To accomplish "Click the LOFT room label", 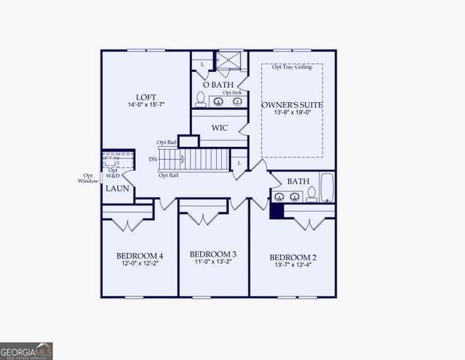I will (x=145, y=97).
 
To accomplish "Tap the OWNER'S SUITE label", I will (x=292, y=104).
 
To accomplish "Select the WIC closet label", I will (x=219, y=127).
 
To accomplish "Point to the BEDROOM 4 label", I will (x=139, y=256).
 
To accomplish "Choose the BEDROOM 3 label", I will (x=213, y=253).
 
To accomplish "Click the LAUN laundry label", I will (x=117, y=189).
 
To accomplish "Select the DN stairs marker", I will (x=153, y=159).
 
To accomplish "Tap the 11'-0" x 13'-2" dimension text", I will (x=213, y=262).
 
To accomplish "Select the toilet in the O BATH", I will (x=201, y=97).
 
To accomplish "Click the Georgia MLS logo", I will (x=26, y=351).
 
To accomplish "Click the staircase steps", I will (x=206, y=159).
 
